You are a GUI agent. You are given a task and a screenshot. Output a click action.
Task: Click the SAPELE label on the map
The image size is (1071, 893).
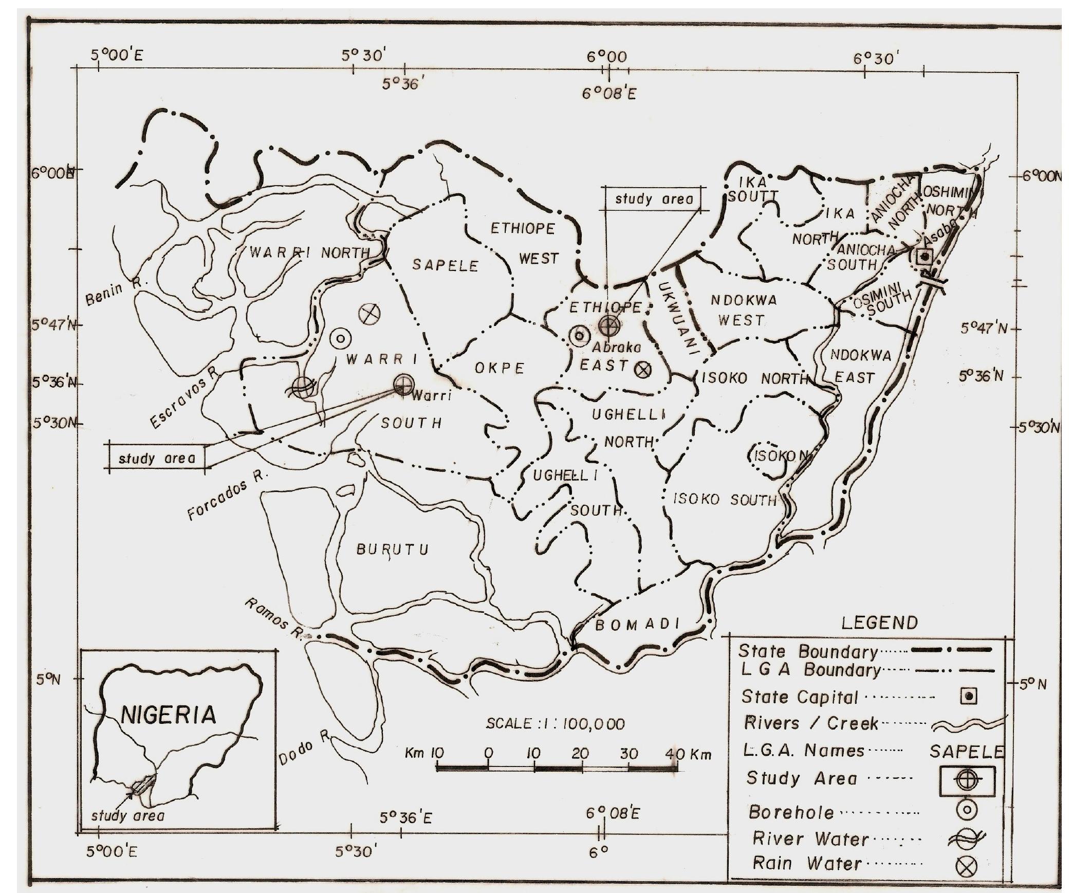(445, 265)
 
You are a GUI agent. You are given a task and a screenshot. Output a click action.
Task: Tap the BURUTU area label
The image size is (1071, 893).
(393, 550)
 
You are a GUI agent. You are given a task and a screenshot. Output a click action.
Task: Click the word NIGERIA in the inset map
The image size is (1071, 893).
(169, 715)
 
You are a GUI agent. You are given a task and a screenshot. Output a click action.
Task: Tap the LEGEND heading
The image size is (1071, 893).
(879, 623)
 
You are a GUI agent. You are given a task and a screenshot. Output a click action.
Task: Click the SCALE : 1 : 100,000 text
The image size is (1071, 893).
(556, 724)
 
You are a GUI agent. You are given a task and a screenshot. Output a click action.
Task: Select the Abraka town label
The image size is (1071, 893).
(617, 348)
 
